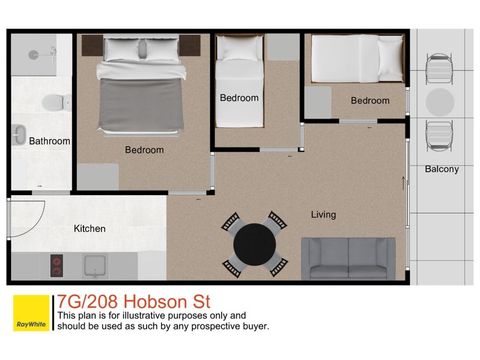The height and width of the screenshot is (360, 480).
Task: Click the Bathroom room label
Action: [49, 142]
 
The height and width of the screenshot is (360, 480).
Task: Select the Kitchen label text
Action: [89, 229]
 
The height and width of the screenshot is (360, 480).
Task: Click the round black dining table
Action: [255, 245]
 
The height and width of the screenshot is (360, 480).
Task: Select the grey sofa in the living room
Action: [348, 259]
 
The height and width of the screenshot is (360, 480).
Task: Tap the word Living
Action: [323, 214]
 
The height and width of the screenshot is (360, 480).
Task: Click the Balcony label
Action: [442, 169]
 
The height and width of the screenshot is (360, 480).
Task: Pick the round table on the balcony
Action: [440, 102]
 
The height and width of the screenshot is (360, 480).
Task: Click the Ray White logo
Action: [31, 313]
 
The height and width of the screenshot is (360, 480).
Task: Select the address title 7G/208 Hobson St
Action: [133, 301]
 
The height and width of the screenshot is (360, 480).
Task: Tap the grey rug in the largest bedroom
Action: [97, 176]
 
